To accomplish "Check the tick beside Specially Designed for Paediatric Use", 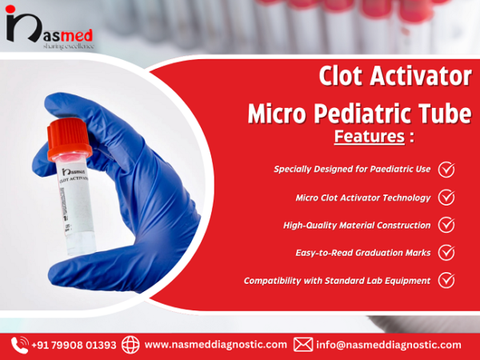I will pyautogui.click(x=446, y=169).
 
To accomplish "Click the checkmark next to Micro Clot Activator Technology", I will pyautogui.click(x=446, y=197).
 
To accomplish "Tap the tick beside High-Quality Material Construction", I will pyautogui.click(x=446, y=225).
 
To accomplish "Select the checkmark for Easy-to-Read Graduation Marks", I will pyautogui.click(x=446, y=252).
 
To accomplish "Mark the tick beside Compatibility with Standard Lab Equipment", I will pyautogui.click(x=446, y=280).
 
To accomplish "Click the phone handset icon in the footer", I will pyautogui.click(x=20, y=345).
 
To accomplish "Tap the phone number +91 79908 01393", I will pyautogui.click(x=74, y=345).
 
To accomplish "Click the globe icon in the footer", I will pyautogui.click(x=131, y=345).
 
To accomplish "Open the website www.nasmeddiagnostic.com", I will pyautogui.click(x=215, y=345).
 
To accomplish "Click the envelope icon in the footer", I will pyautogui.click(x=303, y=345).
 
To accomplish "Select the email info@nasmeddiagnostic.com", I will pyautogui.click(x=389, y=345).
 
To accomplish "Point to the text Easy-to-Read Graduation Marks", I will pyautogui.click(x=362, y=252).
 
